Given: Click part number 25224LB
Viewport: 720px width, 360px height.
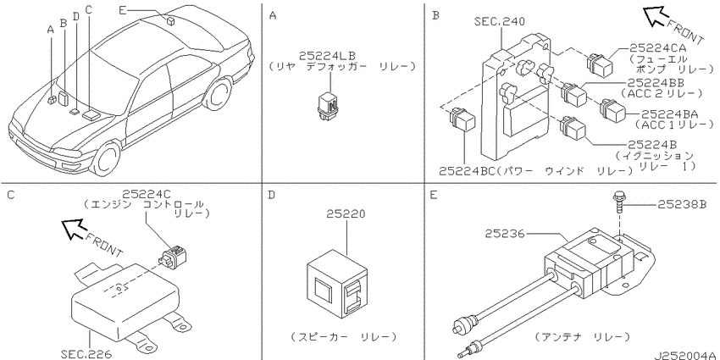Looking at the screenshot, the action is click(x=327, y=56).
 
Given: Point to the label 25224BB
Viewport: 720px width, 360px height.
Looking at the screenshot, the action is click(x=656, y=83).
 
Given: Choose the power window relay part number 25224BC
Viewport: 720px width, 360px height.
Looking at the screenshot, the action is click(x=467, y=172).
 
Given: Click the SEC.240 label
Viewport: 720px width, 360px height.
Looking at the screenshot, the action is click(x=500, y=21).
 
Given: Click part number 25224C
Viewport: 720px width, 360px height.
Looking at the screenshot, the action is click(x=147, y=194).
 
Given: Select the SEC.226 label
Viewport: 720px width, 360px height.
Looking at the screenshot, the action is click(x=86, y=354).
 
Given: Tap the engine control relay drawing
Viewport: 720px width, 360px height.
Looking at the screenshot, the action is click(x=174, y=256).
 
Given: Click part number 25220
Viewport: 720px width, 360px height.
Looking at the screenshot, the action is click(x=346, y=214).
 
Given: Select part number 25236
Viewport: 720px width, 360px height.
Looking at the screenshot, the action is click(x=504, y=233).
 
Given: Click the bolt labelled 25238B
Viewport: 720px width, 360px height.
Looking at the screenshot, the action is click(x=618, y=202).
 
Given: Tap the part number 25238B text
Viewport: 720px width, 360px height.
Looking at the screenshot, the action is click(x=683, y=204).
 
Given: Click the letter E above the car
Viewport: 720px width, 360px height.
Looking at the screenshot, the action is click(x=121, y=9).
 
